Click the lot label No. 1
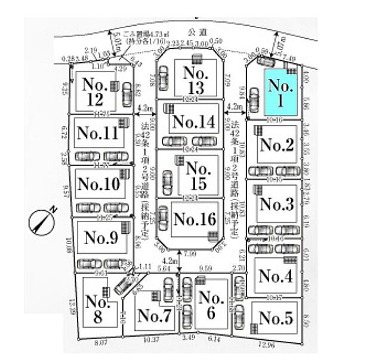tap(280, 94)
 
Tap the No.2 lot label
tap(276, 145)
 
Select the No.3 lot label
tap(276, 204)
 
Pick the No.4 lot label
tap(276, 276)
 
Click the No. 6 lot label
tap(211, 306)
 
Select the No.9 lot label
tap(101, 237)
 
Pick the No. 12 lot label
tap(96, 90)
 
